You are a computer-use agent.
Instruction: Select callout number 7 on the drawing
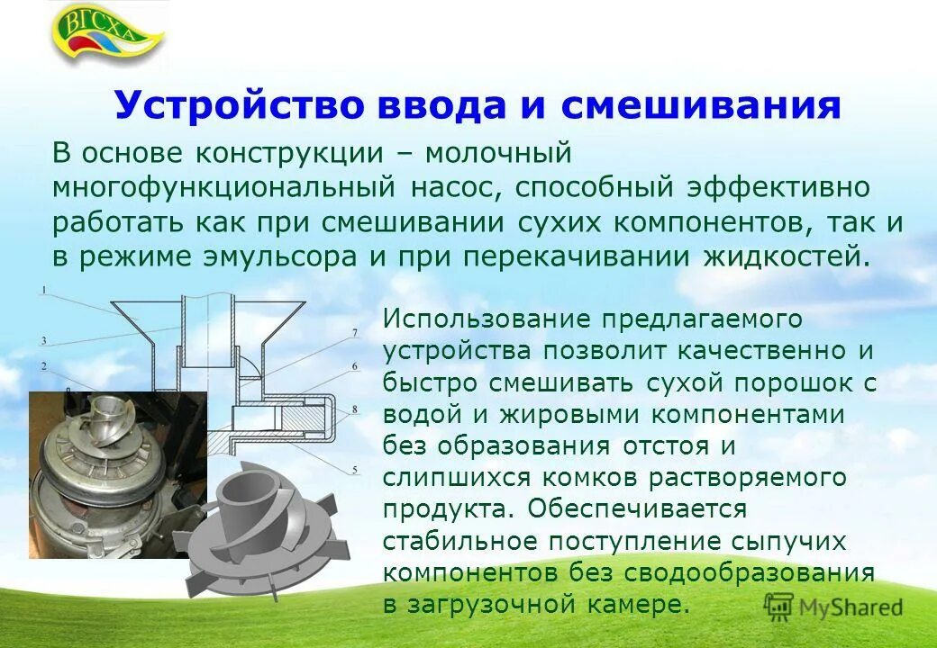click(354, 332)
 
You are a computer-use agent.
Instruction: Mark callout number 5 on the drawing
click(354, 469)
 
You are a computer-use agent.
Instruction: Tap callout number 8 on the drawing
click(354, 409)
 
